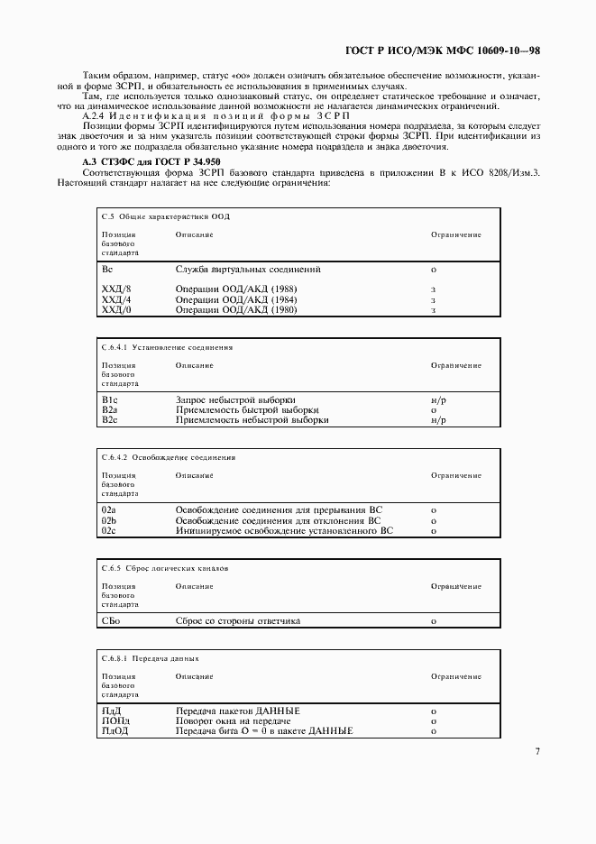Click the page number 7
[537, 751]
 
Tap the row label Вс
[107, 269]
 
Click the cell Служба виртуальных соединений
[248, 269]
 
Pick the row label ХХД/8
[116, 289]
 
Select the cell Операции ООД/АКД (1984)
[236, 299]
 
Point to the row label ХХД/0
[116, 310]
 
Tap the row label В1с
[110, 399]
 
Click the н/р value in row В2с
[439, 420]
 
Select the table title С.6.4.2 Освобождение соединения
[169, 457]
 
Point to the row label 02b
[109, 520]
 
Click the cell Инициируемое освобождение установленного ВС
[284, 531]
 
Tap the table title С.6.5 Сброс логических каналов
[166, 569]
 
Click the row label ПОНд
[115, 721]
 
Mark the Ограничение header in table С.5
[456, 234]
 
